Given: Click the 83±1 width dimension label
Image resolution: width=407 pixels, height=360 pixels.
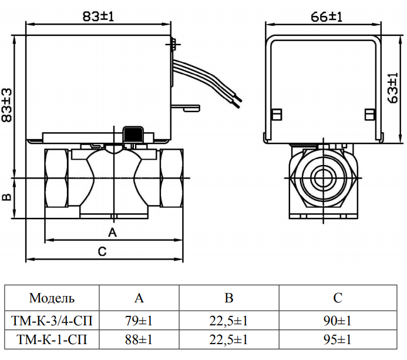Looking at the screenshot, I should click(x=98, y=16).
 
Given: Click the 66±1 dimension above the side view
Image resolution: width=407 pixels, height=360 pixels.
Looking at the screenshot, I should click(x=324, y=16).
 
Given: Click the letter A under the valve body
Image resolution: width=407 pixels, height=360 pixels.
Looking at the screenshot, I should click(x=114, y=233).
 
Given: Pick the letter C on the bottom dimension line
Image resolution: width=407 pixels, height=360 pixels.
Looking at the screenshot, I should click(x=102, y=252).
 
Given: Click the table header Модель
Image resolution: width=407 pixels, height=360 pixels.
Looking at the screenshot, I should click(x=52, y=298).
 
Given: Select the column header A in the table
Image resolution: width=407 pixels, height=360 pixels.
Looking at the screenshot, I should click(x=139, y=298).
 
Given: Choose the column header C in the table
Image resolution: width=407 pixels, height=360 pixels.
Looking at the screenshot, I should click(x=337, y=298).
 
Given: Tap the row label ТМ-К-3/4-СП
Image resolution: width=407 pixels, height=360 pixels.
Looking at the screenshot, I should click(x=52, y=321).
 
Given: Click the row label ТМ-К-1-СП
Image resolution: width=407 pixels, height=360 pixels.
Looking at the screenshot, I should click(x=52, y=339).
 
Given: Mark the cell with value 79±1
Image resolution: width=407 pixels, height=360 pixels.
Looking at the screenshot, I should click(x=139, y=321).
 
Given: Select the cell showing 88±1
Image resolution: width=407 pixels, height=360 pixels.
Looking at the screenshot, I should click(x=139, y=339).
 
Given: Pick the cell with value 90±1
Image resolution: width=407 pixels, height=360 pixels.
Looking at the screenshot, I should click(x=337, y=321).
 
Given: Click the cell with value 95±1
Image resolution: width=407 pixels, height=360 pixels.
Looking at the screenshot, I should click(x=337, y=339).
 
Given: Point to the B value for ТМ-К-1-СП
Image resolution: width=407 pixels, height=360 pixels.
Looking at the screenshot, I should click(x=229, y=339).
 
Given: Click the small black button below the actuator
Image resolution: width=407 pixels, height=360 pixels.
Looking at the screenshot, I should click(x=132, y=133).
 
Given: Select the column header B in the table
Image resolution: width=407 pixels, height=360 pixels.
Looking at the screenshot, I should click(x=229, y=298).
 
